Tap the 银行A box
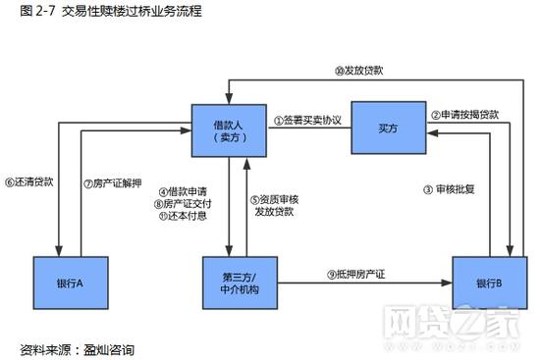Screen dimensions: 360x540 70,283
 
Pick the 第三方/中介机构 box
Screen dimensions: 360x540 235,283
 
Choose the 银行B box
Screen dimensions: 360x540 488,283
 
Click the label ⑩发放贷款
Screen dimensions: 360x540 358,72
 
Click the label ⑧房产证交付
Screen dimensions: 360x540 184,203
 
